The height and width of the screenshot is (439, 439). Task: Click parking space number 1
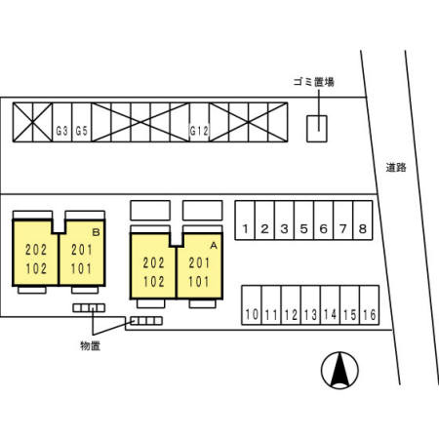click(245, 220)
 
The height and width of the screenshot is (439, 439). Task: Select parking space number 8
click(363, 220)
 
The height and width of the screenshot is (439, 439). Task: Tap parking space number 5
click(303, 220)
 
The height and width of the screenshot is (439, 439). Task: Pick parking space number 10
click(252, 305)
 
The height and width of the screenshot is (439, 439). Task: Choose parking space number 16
click(370, 305)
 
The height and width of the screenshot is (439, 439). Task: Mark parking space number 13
click(310, 305)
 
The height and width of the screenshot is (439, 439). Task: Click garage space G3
click(62, 122)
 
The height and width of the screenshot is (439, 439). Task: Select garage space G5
click(82, 122)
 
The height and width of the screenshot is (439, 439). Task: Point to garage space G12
click(199, 122)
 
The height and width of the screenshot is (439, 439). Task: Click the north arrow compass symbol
click(339, 371)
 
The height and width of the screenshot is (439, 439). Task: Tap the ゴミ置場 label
click(314, 82)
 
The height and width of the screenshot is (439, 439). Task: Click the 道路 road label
click(396, 168)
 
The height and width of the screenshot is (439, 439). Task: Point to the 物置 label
click(90, 345)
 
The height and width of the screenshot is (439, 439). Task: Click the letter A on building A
click(214, 246)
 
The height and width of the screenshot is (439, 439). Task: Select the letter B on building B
click(96, 232)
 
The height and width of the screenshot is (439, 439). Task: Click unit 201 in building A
click(199, 262)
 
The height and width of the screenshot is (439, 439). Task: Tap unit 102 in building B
click(36, 268)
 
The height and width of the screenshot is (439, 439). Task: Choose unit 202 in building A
click(153, 262)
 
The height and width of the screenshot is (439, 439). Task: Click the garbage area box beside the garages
click(317, 129)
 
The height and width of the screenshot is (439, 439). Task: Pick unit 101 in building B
click(81, 268)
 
